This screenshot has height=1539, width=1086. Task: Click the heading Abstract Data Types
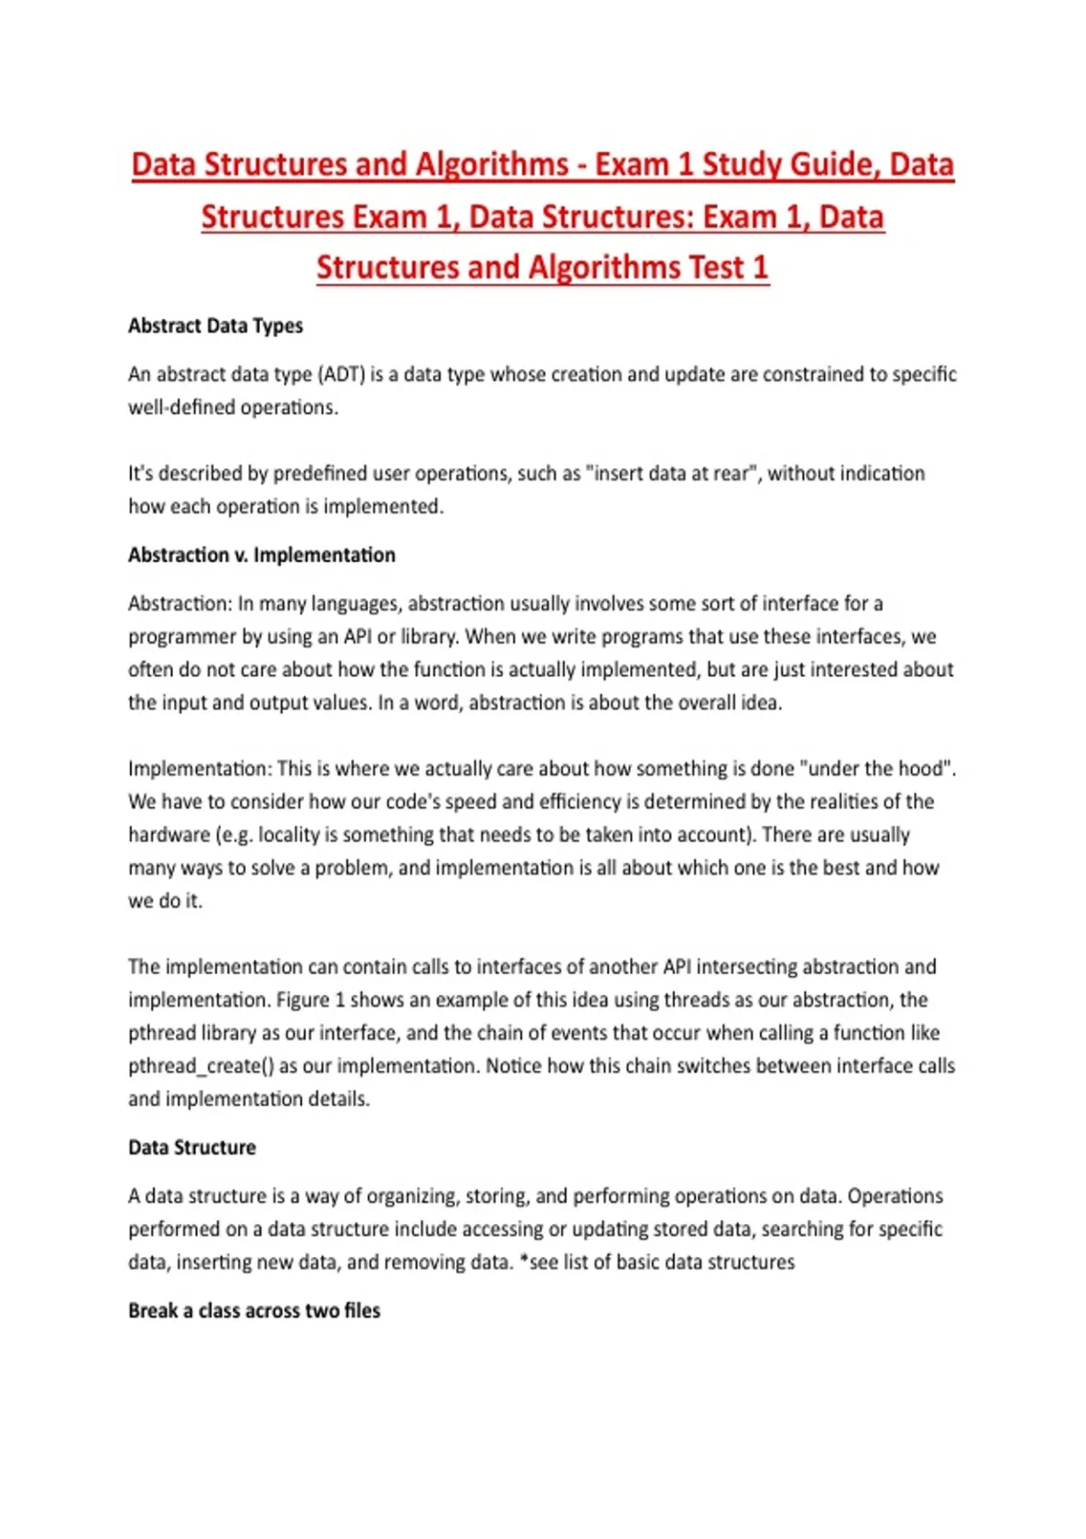215,326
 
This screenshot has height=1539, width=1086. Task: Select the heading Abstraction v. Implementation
262,555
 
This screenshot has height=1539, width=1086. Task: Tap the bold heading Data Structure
192,1148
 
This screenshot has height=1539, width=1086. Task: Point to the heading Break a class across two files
254,1311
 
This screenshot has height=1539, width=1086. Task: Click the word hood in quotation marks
920,769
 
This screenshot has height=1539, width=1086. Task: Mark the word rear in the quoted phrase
734,473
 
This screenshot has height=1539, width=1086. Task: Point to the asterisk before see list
523,1260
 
